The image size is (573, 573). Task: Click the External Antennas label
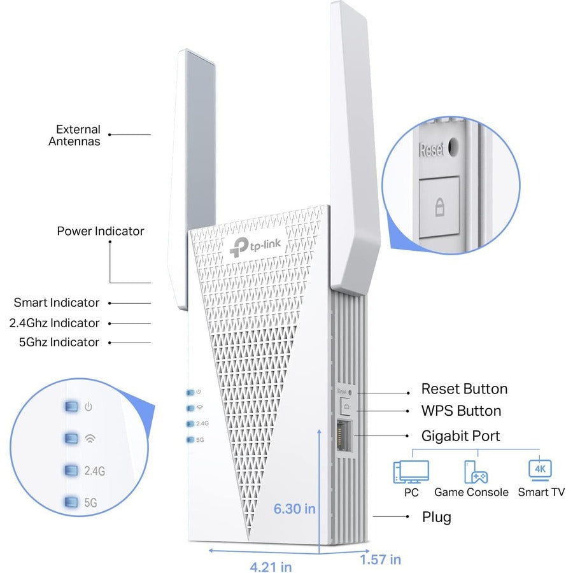[74, 135]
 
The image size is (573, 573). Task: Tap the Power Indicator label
[101, 231]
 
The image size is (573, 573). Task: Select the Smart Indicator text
[57, 302]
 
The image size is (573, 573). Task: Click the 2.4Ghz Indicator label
[55, 323]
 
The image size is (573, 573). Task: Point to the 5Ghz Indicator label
[59, 342]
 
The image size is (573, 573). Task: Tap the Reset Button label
[464, 389]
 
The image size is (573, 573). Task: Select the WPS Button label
[461, 411]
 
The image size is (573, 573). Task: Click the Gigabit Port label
[460, 436]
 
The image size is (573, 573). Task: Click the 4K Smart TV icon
[540, 470]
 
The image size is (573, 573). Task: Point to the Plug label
[436, 516]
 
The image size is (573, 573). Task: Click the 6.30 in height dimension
[294, 509]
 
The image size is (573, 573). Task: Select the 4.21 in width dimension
[270, 564]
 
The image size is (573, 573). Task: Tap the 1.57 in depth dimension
[380, 560]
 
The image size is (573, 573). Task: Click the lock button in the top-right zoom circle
[439, 207]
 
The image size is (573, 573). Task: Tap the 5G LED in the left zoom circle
[71, 502]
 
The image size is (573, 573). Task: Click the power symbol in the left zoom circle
[89, 406]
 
